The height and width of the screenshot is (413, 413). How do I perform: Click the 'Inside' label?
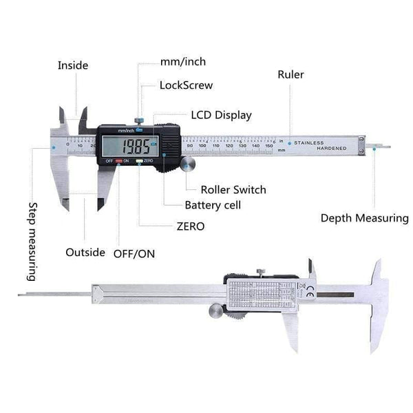(x=73, y=65)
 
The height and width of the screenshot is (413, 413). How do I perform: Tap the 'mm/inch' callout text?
(x=182, y=62)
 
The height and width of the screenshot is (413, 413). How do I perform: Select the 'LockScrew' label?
(x=186, y=86)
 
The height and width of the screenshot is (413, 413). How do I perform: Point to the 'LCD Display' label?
(x=221, y=115)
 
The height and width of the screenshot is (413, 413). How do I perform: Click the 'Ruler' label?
(x=290, y=74)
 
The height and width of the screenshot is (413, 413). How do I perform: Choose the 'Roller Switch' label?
(x=233, y=189)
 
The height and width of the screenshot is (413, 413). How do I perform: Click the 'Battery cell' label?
(x=213, y=205)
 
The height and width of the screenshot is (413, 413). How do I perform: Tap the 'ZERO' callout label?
(x=191, y=226)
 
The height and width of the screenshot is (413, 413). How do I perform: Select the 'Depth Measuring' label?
(x=364, y=218)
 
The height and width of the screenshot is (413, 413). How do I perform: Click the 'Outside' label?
(x=85, y=252)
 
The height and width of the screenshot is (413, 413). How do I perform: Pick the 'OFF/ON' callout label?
(x=134, y=253)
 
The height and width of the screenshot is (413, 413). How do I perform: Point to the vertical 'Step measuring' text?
(x=31, y=241)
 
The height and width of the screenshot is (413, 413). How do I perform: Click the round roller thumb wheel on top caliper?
(x=188, y=165)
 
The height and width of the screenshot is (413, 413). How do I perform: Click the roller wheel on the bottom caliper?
(x=215, y=312)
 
